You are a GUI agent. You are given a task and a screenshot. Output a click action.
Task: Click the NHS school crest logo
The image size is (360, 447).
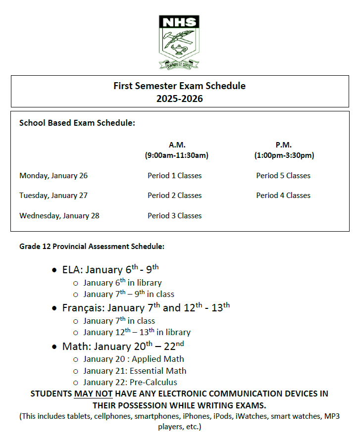pyautogui.click(x=179, y=42)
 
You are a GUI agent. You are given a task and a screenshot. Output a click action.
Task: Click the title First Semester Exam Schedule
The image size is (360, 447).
pyautogui.click(x=179, y=86)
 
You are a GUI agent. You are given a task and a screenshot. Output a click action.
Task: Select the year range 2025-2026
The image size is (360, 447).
pyautogui.click(x=179, y=99)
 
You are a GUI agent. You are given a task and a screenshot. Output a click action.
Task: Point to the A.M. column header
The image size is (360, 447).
pyautogui.click(x=177, y=145)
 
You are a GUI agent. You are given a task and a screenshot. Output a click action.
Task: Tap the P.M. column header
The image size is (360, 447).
pyautogui.click(x=284, y=145)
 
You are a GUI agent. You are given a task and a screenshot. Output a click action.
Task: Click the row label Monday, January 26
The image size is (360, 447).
pyautogui.click(x=53, y=176)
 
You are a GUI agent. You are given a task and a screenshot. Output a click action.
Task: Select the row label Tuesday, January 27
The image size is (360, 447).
pyautogui.click(x=53, y=196)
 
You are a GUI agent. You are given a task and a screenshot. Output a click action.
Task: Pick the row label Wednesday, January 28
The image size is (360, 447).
pyautogui.click(x=59, y=216)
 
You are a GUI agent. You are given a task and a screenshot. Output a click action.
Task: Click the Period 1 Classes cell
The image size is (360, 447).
pyautogui.click(x=174, y=176)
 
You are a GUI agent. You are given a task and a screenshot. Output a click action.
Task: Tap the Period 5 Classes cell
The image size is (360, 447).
pyautogui.click(x=283, y=176)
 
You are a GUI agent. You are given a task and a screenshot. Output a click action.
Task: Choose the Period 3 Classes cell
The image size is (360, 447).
pyautogui.click(x=174, y=216)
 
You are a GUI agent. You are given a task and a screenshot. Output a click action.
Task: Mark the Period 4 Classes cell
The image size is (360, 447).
pyautogui.click(x=283, y=196)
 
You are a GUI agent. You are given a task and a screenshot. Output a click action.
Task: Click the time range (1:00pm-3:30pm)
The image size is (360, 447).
pyautogui.click(x=284, y=155)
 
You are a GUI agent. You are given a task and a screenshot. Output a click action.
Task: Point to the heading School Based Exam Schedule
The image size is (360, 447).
pyautogui.click(x=77, y=123)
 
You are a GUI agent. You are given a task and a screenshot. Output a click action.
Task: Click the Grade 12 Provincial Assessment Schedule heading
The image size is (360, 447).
pyautogui.click(x=92, y=246)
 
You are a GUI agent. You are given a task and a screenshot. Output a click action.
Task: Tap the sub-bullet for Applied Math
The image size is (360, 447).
pyautogui.click(x=133, y=359)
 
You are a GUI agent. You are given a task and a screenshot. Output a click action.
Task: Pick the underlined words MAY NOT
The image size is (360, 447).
pyautogui.click(x=93, y=394)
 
